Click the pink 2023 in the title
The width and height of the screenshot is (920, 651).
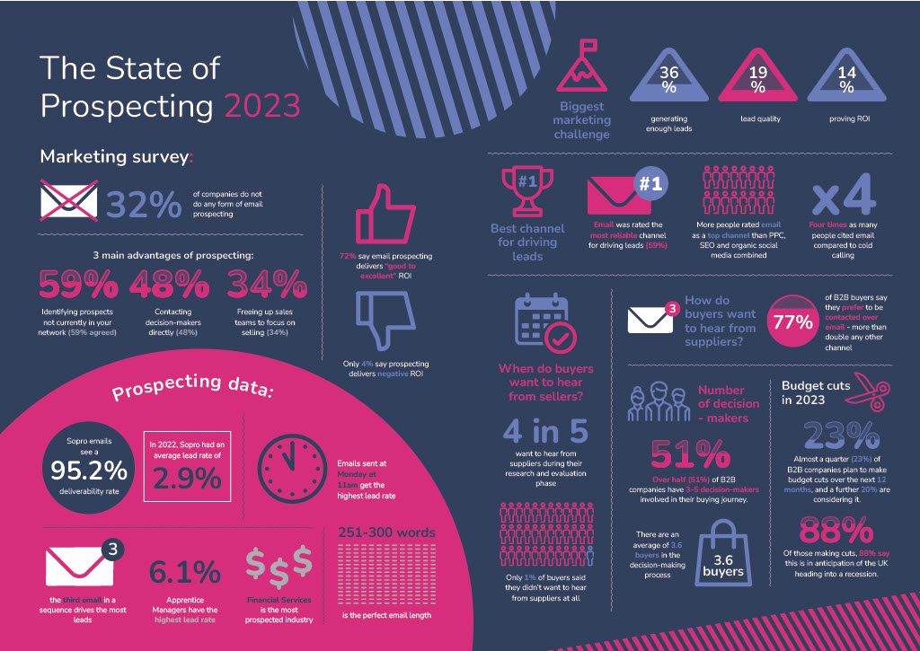coord(261,105)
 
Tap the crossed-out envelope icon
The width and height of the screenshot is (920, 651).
coord(68,199)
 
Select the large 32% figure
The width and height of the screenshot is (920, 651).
coord(144,205)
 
